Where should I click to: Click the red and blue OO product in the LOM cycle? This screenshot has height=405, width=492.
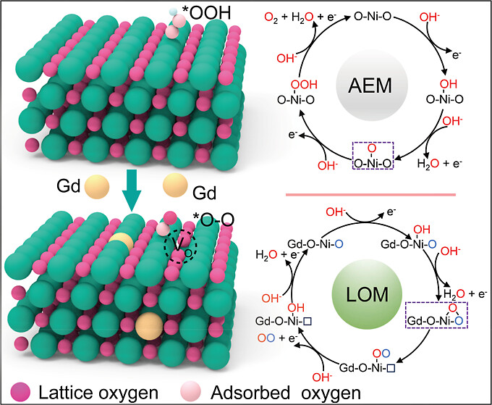[x=268, y=356]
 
